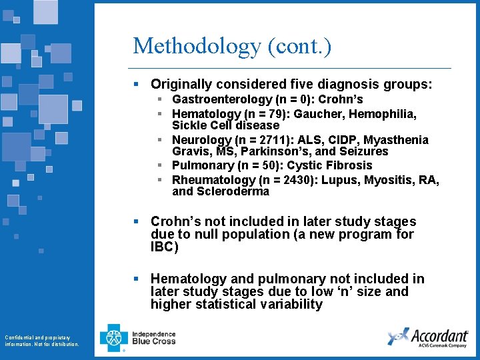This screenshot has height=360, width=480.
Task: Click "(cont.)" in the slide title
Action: [x=299, y=47]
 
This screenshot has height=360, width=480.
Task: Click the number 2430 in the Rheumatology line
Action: [x=273, y=180]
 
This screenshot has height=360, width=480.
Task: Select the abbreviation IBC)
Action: [x=165, y=247]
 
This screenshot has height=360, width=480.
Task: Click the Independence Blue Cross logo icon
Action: [x=114, y=337]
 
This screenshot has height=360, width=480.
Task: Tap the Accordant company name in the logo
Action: [x=439, y=335]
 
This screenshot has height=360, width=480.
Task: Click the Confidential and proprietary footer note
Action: [x=41, y=341]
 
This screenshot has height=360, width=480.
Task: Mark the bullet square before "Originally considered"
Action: [x=136, y=85]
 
